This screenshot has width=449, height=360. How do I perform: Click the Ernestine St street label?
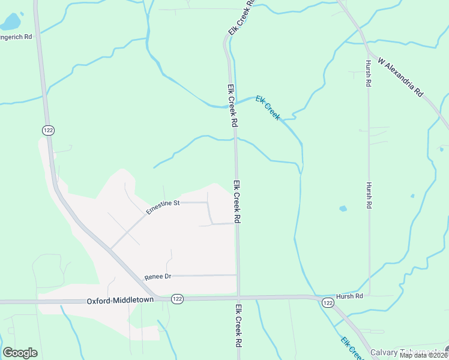click(x=163, y=204)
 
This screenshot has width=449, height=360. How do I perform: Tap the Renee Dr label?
click(x=158, y=277)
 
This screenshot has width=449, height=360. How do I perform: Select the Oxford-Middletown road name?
click(x=120, y=299)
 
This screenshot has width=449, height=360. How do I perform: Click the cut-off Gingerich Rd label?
click(x=16, y=37)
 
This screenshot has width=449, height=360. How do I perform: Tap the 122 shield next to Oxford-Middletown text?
click(x=176, y=299)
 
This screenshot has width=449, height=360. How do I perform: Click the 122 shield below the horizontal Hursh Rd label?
click(x=327, y=304)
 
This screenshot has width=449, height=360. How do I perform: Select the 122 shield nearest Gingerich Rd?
click(x=48, y=130)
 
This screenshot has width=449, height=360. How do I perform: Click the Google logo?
click(x=20, y=353)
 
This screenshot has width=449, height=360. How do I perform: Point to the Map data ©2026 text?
click(x=423, y=355)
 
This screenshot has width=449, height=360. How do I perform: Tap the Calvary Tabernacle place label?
click(x=408, y=352)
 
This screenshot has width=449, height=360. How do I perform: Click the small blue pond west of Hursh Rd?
click(x=343, y=209)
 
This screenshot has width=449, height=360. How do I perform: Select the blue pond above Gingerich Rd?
click(x=10, y=23)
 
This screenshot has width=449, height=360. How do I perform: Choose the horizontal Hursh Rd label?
click(x=349, y=296)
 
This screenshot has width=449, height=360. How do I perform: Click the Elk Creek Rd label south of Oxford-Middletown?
click(x=238, y=326)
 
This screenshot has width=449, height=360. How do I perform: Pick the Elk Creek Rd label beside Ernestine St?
click(x=237, y=202)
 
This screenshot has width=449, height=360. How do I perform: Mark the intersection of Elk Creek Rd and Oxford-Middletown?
click(x=238, y=298)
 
